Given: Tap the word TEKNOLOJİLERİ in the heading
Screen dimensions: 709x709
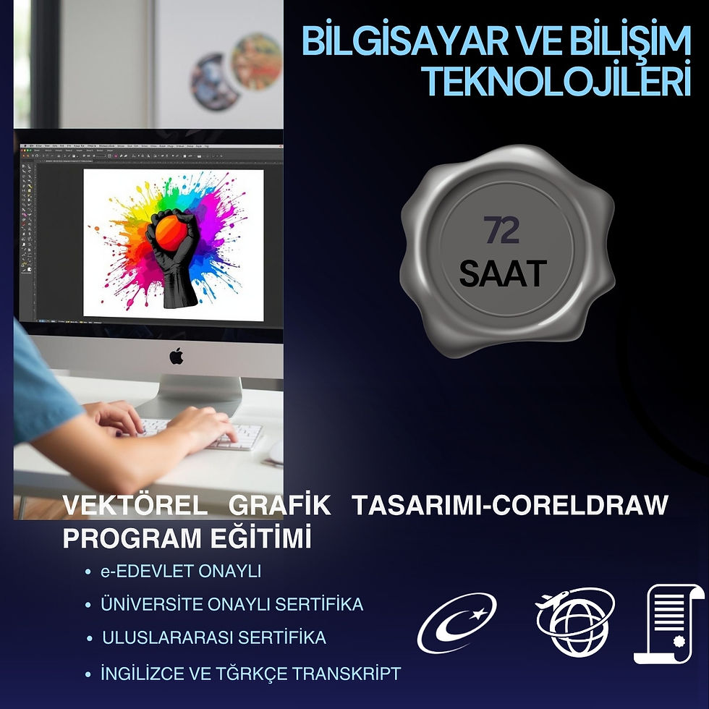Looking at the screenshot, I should (553, 81).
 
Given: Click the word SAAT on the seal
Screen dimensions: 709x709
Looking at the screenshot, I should (502, 273).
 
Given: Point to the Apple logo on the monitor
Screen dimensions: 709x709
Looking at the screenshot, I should (177, 355).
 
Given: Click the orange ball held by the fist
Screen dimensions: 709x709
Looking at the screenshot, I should (171, 233).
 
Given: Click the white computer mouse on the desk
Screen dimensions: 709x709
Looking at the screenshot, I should (276, 452).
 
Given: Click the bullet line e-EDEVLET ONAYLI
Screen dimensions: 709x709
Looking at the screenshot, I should (181, 572).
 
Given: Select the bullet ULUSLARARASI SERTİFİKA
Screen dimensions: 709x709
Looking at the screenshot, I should (214, 638).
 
